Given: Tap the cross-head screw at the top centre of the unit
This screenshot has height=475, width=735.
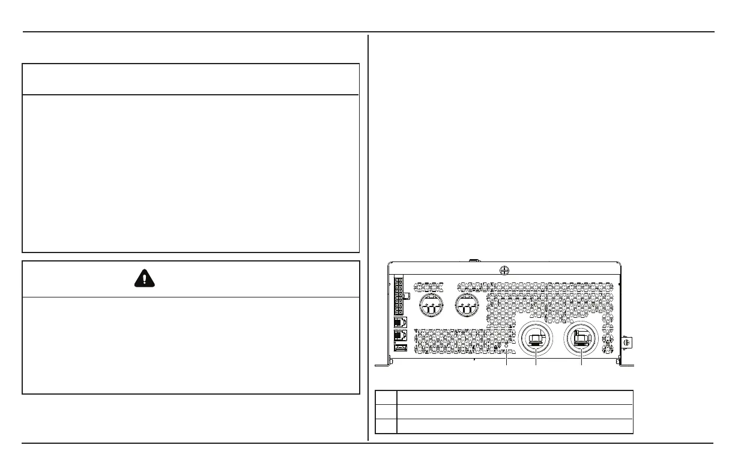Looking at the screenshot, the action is pyautogui.click(x=504, y=270).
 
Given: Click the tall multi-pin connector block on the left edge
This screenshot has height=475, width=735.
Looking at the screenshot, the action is pyautogui.click(x=399, y=297).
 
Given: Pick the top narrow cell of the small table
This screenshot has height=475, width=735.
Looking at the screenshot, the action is pyautogui.click(x=386, y=398).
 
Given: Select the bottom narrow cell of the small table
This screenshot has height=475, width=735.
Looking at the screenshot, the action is pyautogui.click(x=386, y=426).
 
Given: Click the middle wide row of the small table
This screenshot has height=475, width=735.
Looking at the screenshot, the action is pyautogui.click(x=515, y=411).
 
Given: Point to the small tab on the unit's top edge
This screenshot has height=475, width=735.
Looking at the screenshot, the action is pyautogui.click(x=473, y=261).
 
